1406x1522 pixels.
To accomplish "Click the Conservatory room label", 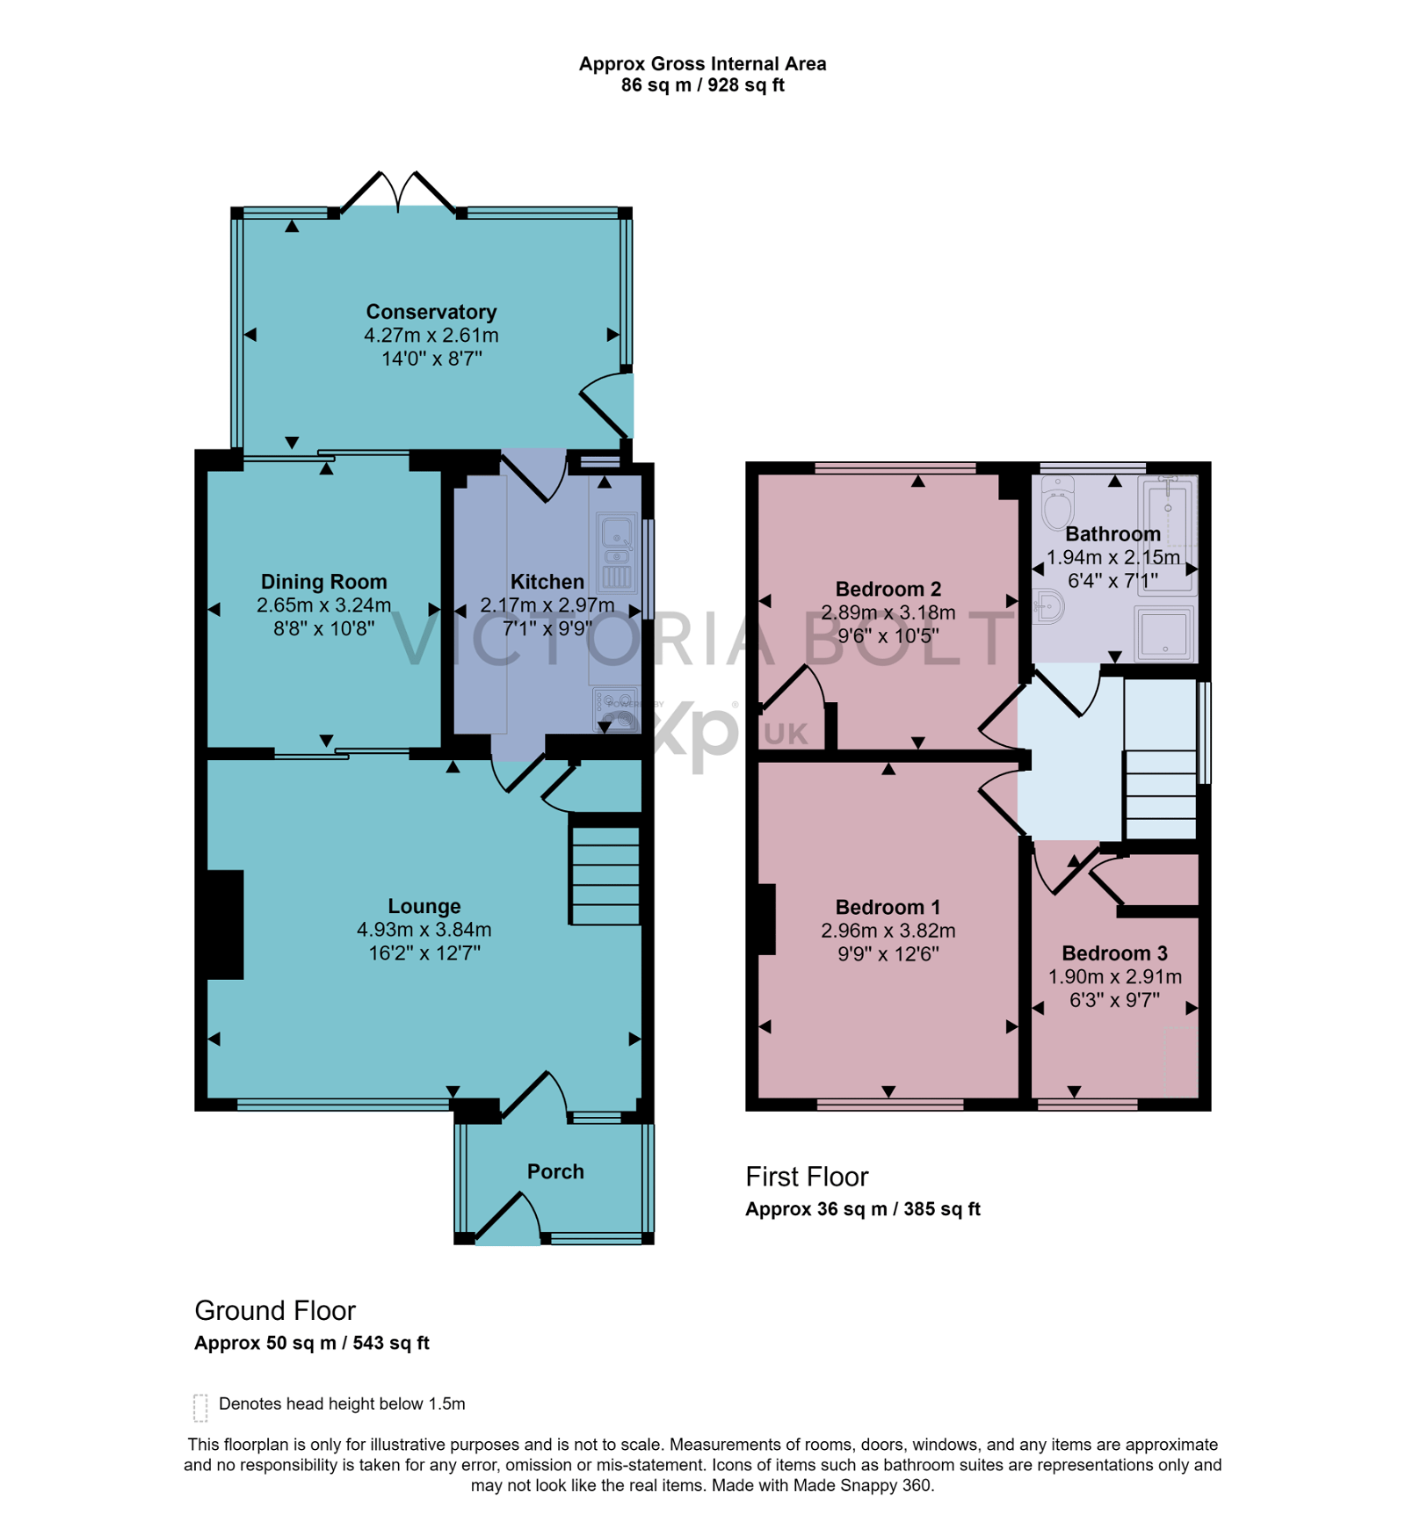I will pyautogui.click(x=431, y=312).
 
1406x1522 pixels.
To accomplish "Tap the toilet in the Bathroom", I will pyautogui.click(x=1057, y=502).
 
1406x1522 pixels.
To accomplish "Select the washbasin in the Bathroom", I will pyautogui.click(x=1048, y=606).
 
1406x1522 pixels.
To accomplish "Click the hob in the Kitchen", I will pyautogui.click(x=616, y=708).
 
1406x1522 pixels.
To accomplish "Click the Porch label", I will pyautogui.click(x=555, y=1171).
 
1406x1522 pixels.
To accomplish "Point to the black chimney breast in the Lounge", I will pyautogui.click(x=225, y=924).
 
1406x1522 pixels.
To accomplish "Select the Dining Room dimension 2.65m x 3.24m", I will pyautogui.click(x=323, y=605).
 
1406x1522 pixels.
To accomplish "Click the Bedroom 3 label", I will pyautogui.click(x=1114, y=953).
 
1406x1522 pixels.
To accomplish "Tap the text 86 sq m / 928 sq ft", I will pyautogui.click(x=702, y=85).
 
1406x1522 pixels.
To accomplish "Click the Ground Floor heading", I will pyautogui.click(x=275, y=1310).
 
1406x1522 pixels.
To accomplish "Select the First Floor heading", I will pyautogui.click(x=807, y=1177).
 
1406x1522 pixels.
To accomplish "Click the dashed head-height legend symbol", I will pyautogui.click(x=200, y=1407).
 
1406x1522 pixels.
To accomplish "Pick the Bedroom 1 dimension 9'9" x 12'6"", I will pyautogui.click(x=888, y=953).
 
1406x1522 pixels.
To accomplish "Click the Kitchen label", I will pyautogui.click(x=547, y=582).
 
